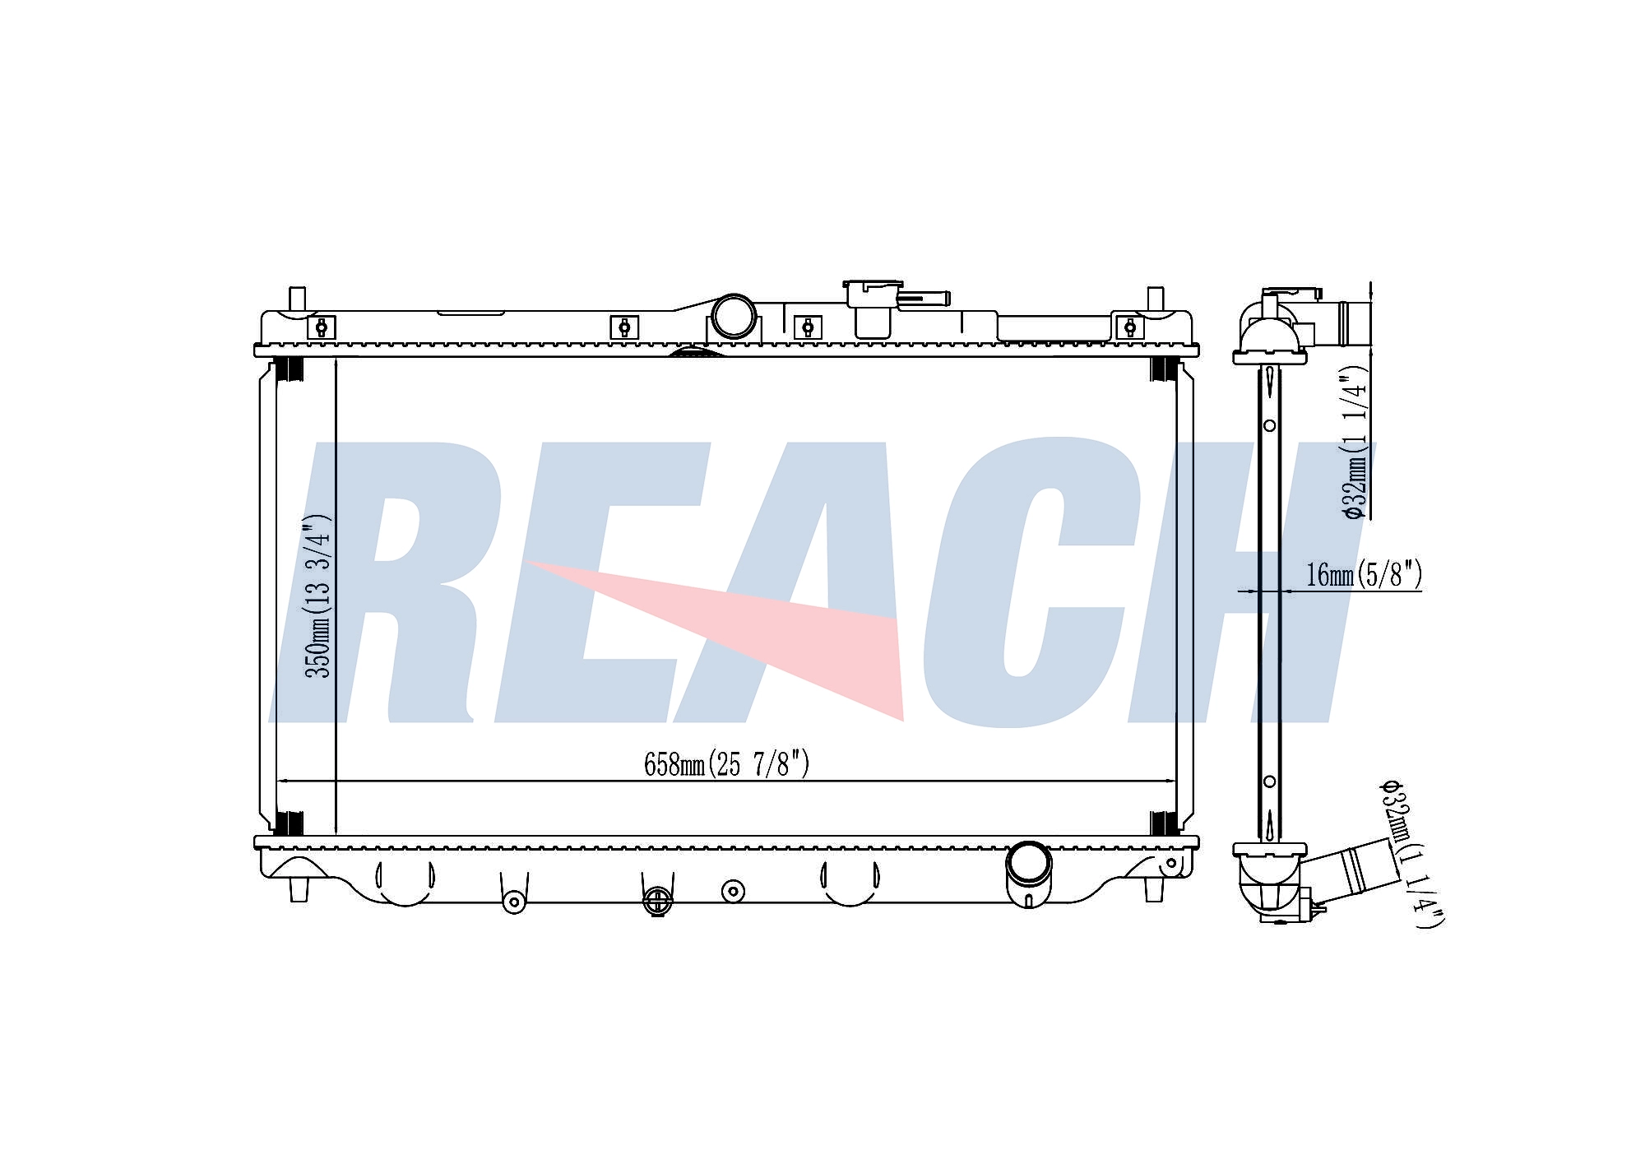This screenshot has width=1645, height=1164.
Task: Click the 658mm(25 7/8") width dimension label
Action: tap(726, 764)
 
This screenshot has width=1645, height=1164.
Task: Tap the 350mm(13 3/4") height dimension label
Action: tap(318, 596)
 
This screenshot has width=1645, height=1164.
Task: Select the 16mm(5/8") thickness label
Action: tap(1364, 574)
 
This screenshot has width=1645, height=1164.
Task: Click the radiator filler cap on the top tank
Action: tap(873, 309)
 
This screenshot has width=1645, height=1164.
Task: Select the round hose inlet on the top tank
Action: tap(733, 316)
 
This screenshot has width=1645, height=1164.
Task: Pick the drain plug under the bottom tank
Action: tap(656, 901)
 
